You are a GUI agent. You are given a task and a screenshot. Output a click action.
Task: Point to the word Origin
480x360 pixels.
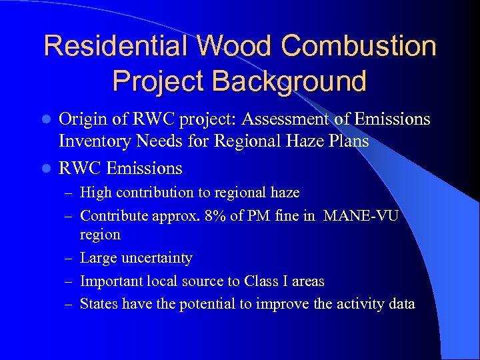(81, 120)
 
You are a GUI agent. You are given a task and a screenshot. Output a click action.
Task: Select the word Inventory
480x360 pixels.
(93, 141)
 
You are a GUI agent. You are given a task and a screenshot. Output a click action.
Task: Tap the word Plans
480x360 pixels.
(347, 141)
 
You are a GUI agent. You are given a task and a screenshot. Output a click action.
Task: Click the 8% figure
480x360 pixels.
(205, 215)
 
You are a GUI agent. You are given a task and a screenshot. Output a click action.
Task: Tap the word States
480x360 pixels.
(97, 304)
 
